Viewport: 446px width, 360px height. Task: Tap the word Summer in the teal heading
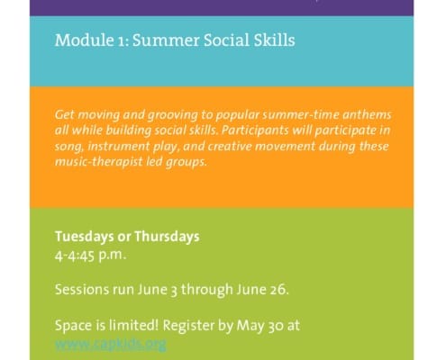150,41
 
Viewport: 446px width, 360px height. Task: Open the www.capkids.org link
110,343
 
